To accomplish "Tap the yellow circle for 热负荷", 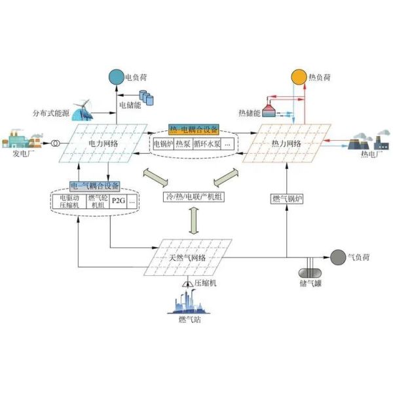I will point(298,77).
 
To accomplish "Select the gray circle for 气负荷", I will point(337,257).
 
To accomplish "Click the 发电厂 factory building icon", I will point(20,140).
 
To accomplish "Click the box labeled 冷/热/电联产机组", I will point(195,196).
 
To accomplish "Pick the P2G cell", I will point(118,202).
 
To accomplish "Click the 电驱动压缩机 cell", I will point(69,202).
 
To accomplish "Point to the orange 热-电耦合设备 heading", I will point(194,130).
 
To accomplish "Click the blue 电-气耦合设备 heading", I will point(94,186).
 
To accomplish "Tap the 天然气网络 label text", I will point(187,257).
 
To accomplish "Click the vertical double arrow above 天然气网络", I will point(194,220).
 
